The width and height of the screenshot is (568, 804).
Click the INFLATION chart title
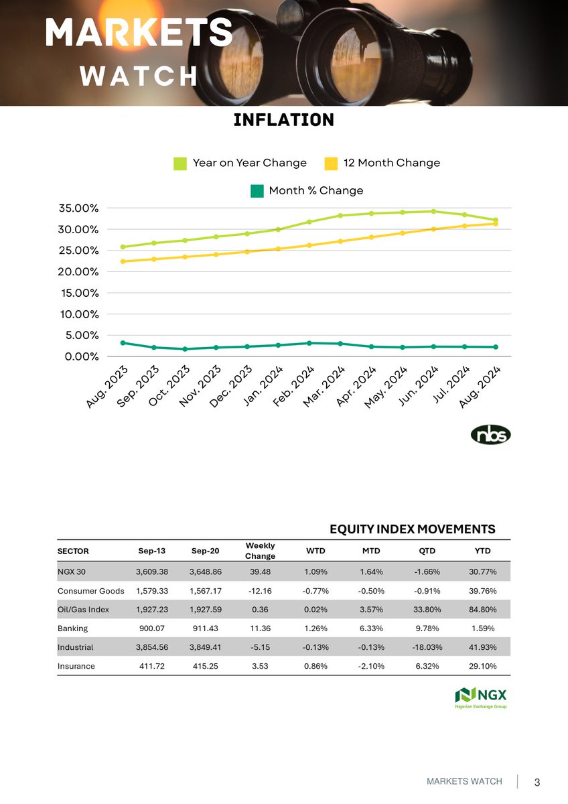pos(283,121)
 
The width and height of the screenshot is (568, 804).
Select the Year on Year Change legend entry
pos(240,163)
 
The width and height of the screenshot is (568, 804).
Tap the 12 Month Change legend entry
pos(382,163)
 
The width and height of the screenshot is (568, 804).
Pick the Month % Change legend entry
pos(307,191)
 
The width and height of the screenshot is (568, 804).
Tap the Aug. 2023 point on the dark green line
pos(123,343)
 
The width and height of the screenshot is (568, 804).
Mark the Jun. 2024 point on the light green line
pos(433,212)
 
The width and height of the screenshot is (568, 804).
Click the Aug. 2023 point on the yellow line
pos(123,261)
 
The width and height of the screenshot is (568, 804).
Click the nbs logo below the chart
pos(490,435)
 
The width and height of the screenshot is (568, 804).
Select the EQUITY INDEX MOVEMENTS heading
pos(413,529)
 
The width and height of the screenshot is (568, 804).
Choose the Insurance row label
pos(76,667)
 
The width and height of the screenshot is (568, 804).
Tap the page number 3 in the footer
pos(537,783)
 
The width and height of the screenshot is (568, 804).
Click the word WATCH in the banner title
pos(139,76)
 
